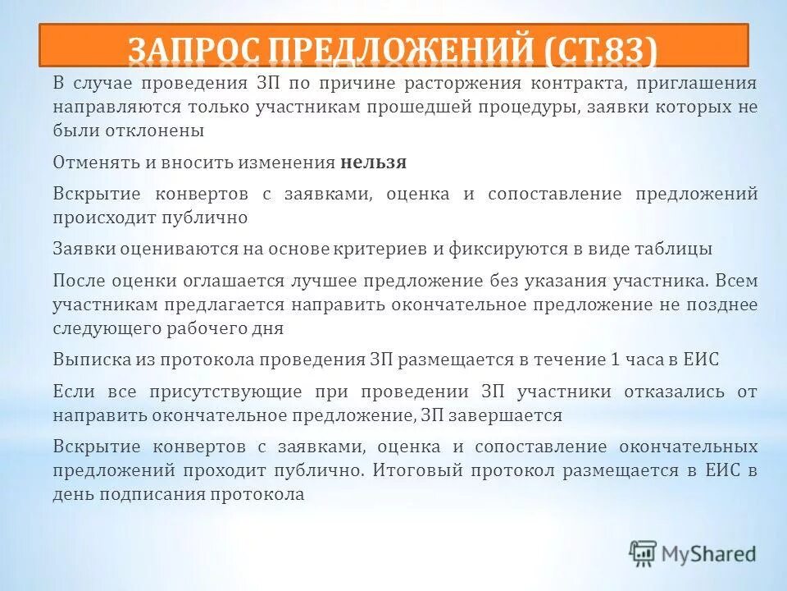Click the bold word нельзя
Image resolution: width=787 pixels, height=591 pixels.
click(x=373, y=163)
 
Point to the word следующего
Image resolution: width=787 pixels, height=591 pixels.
click(x=103, y=328)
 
